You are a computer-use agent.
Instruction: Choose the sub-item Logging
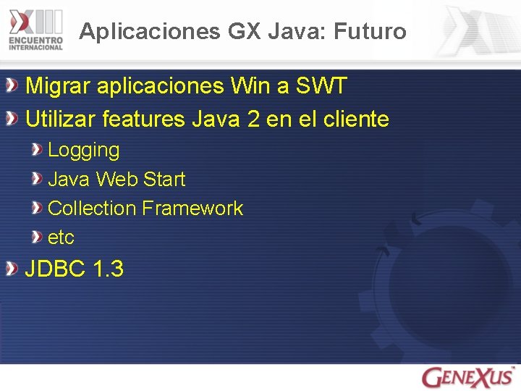point(83,151)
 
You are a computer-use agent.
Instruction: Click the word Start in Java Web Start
point(164,179)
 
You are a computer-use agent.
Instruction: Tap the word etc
point(61,237)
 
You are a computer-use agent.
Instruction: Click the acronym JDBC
point(56,269)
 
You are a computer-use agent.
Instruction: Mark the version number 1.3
point(109,269)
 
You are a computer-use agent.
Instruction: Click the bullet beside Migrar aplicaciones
point(12,87)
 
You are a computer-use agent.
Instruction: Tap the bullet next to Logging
point(36,150)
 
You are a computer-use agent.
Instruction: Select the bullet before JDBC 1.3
point(12,269)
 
